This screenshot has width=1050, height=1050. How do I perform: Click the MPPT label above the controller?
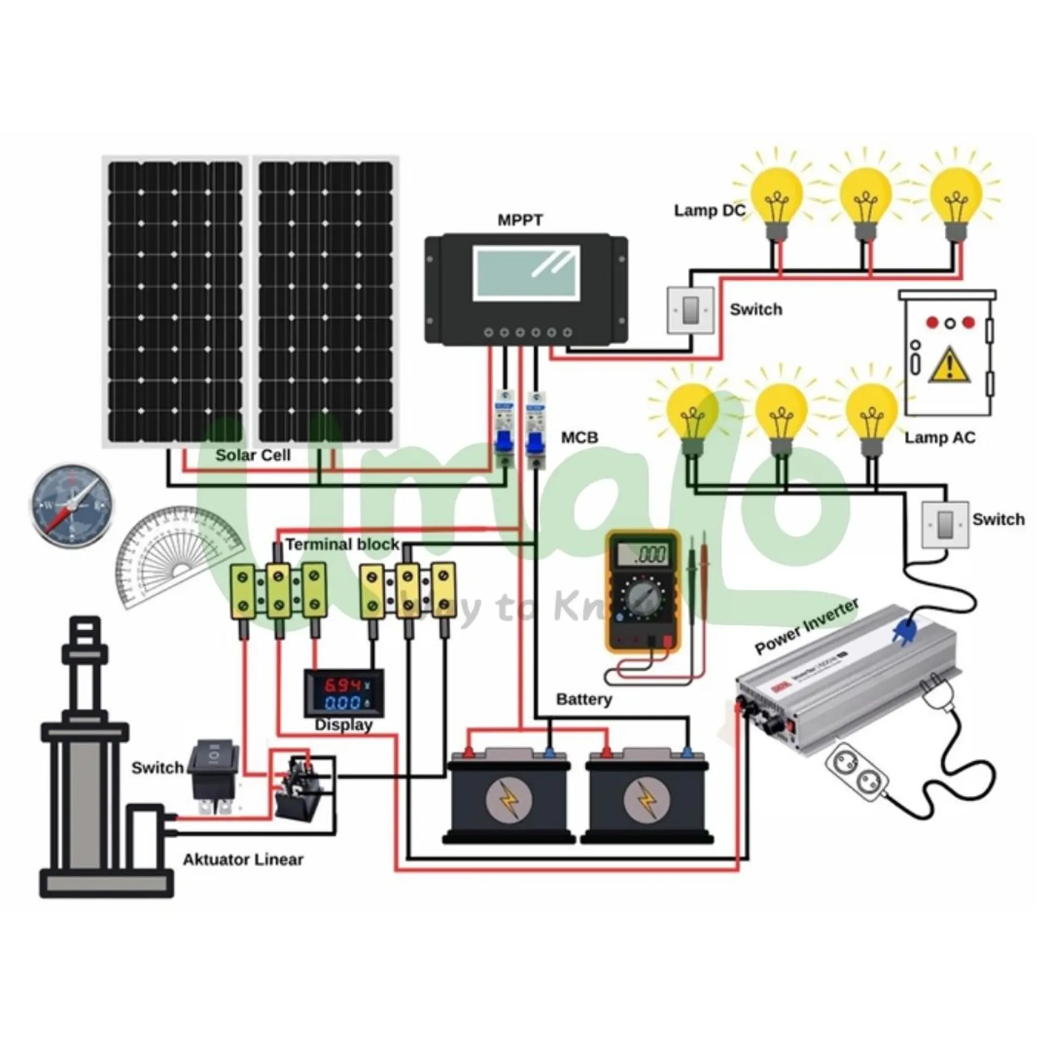[x=520, y=220]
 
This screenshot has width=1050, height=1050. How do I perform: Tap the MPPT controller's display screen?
[x=526, y=272]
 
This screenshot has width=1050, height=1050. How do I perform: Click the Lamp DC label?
[x=709, y=211]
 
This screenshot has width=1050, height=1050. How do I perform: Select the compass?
[x=71, y=506]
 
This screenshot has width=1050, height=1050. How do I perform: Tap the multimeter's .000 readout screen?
[x=642, y=555]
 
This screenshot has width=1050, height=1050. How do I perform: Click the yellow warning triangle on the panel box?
[x=950, y=365]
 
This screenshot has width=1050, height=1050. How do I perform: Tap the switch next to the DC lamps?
[x=691, y=310]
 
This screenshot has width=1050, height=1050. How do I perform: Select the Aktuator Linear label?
[x=243, y=860]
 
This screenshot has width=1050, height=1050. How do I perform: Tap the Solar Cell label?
[x=253, y=455]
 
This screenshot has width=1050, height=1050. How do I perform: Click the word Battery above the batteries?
[x=584, y=699]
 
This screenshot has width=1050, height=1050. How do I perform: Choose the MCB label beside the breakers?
[x=580, y=437]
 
